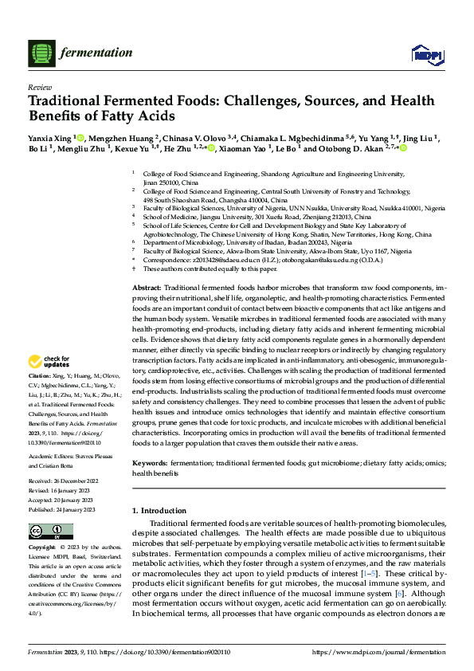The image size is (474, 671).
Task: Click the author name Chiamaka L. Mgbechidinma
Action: point(288,137)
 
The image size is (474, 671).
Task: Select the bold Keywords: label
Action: point(151,463)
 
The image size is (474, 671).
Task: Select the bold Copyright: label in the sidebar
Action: point(42,547)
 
